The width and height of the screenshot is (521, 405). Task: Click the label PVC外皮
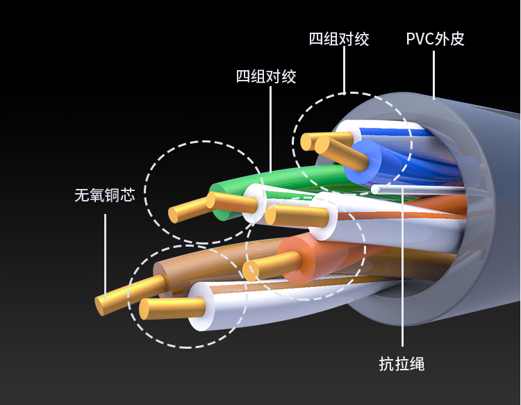coord(435,38)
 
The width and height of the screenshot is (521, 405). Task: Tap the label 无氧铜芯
coord(104,195)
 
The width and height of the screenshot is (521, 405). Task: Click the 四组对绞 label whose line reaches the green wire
coord(266,76)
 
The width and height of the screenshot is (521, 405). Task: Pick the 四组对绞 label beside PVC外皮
coord(339,38)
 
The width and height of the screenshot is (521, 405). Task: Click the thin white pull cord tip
coord(375,188)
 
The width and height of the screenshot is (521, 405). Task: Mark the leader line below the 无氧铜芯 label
coord(105,250)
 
